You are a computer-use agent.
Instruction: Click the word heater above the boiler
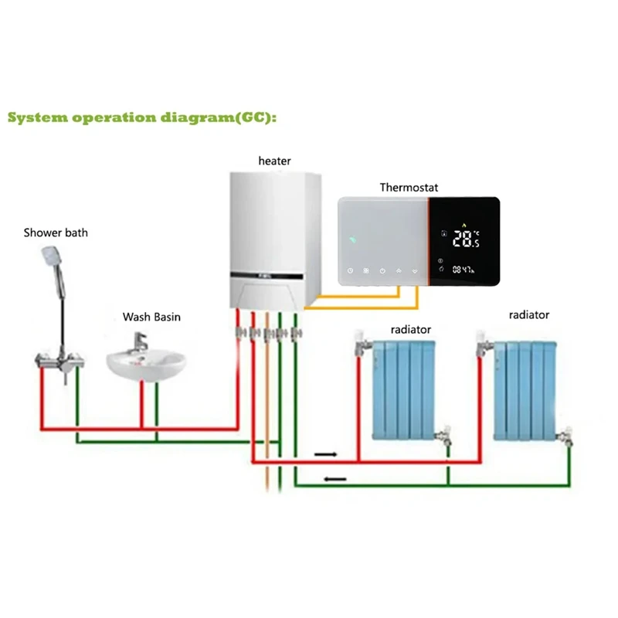tap(275, 161)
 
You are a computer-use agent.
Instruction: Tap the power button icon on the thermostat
tap(382, 271)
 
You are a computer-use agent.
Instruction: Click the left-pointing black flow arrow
tap(334, 480)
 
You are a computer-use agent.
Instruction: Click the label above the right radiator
tap(528, 314)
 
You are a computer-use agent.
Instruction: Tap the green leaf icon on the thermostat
tap(353, 239)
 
